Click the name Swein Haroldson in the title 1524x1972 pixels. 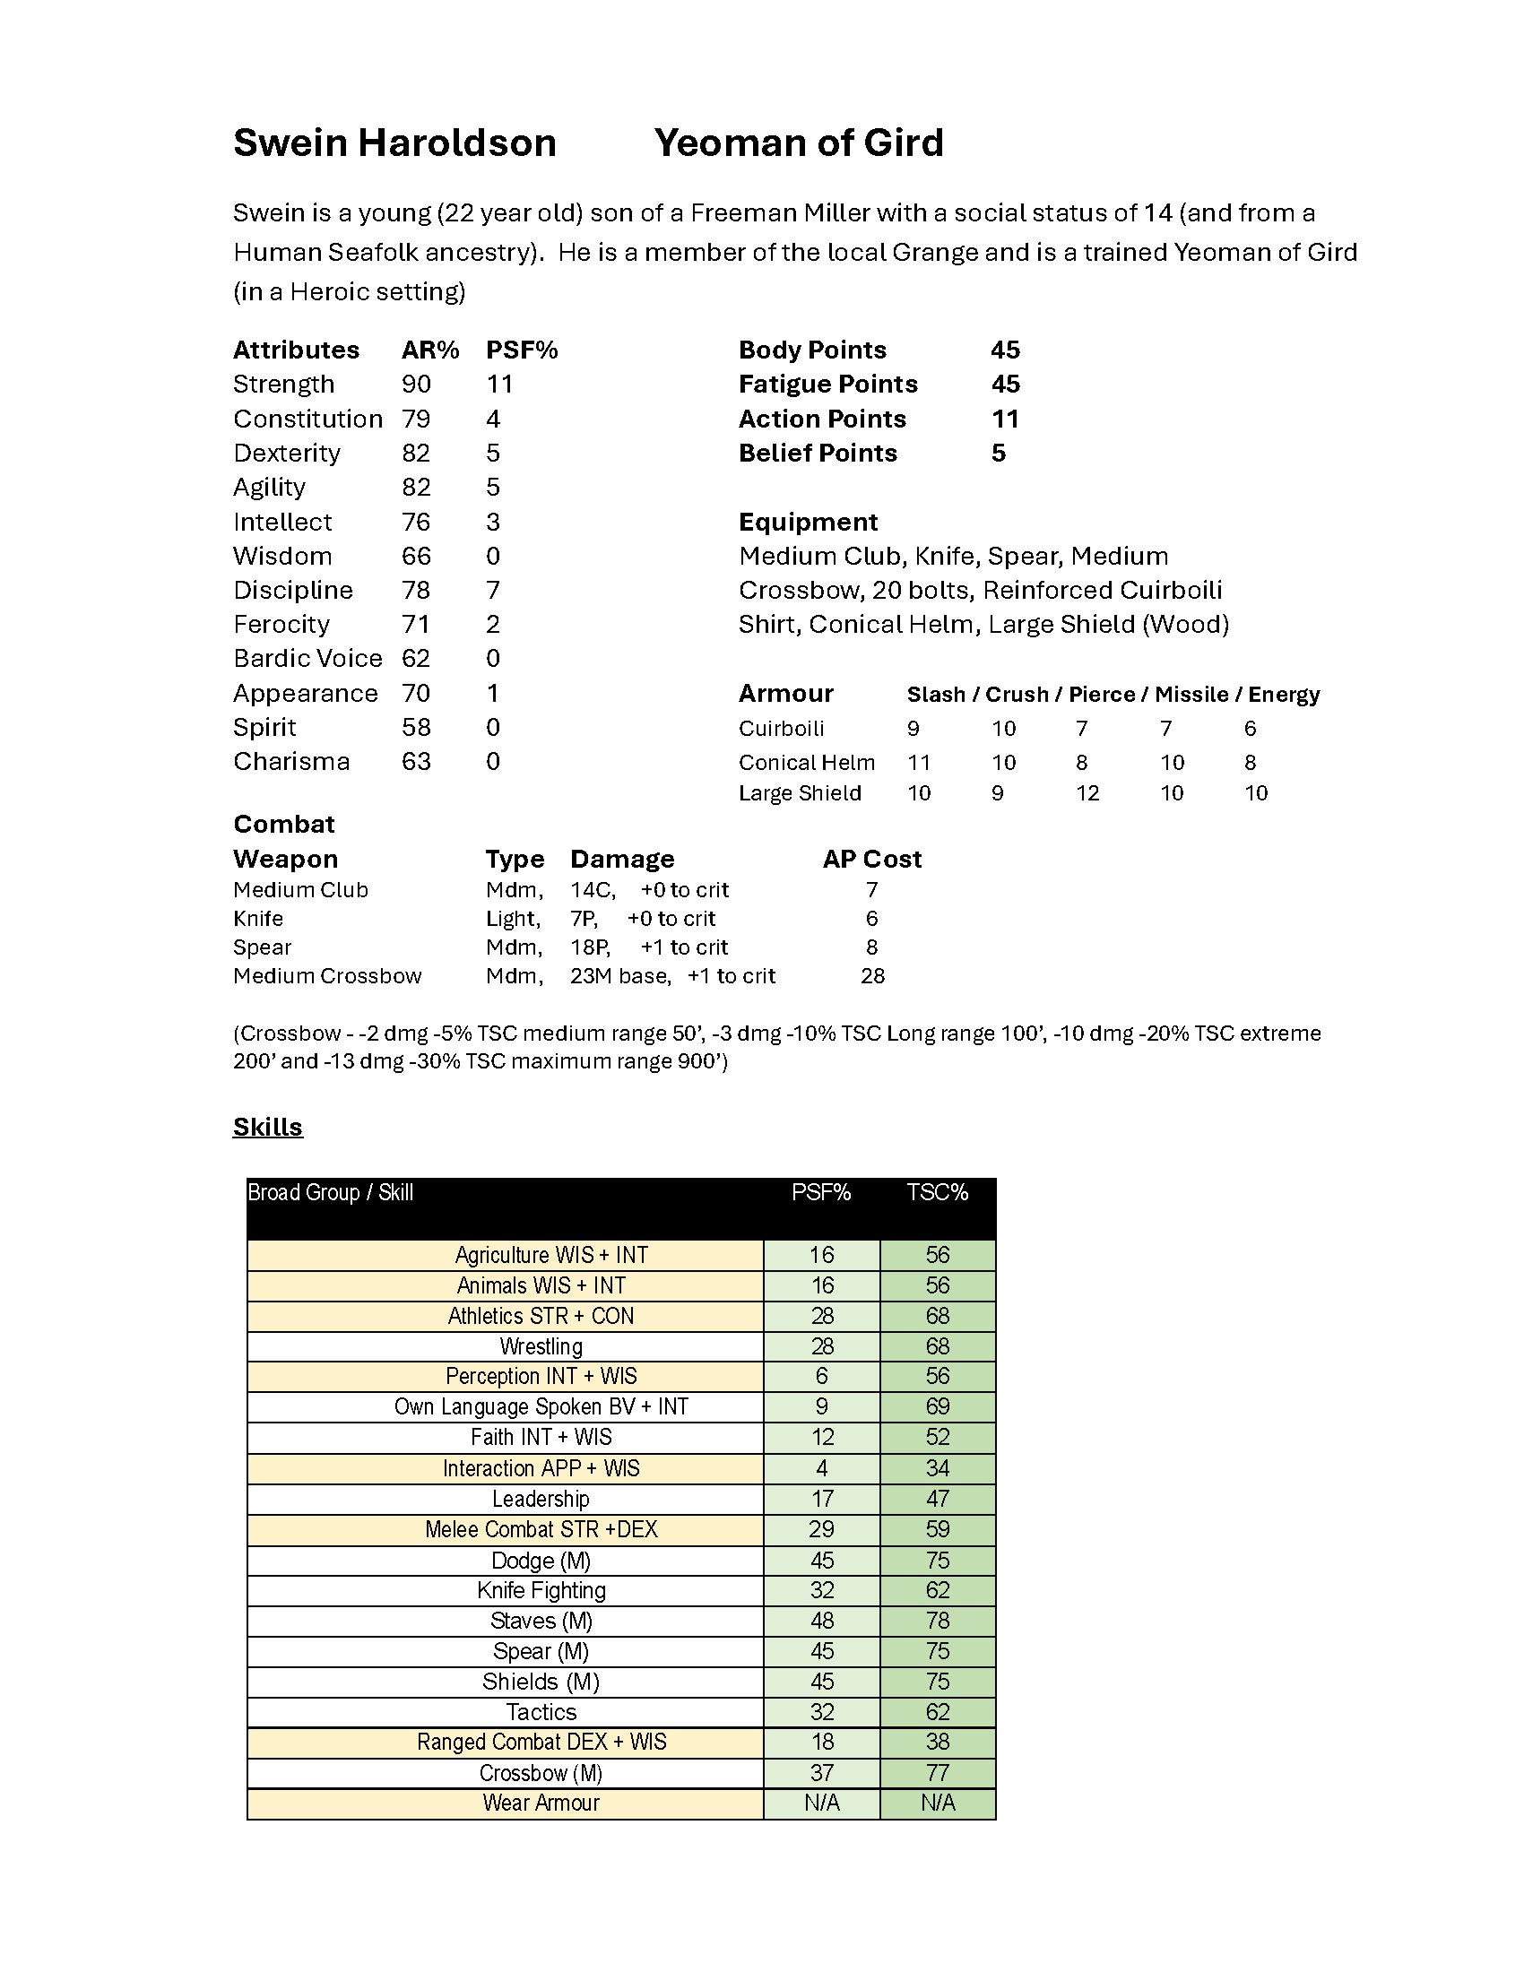point(394,143)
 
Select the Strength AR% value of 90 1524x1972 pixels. point(416,385)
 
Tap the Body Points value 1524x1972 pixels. point(1005,350)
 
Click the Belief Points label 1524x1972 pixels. point(817,454)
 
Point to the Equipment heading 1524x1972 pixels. point(807,522)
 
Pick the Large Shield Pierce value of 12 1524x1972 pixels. point(1087,793)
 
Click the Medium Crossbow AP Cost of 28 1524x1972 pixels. point(872,976)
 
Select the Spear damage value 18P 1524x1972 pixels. point(590,947)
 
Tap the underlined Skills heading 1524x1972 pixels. point(267,1127)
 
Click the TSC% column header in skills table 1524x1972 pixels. point(937,1193)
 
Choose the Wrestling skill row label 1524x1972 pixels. point(541,1346)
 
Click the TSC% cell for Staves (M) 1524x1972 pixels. point(937,1621)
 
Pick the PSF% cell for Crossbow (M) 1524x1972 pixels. point(821,1772)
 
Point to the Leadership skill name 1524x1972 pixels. point(541,1499)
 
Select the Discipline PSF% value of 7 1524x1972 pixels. point(493,591)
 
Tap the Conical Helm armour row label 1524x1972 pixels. point(806,763)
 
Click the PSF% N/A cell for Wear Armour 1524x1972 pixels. point(821,1803)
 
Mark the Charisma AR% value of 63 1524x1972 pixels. point(416,762)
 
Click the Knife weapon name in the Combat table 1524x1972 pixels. point(258,918)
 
